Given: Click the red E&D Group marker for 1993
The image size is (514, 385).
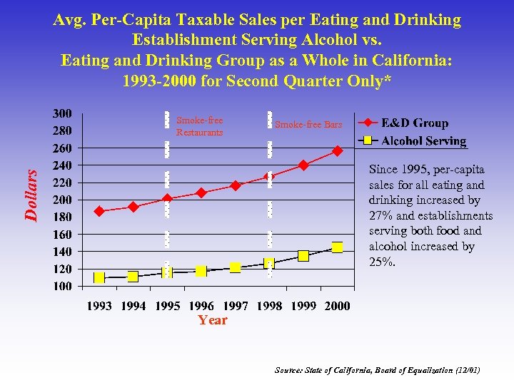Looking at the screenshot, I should pyautogui.click(x=99, y=211).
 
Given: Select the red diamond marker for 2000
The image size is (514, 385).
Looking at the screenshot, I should pyautogui.click(x=338, y=151).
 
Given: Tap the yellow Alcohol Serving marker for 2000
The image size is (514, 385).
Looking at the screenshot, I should pyautogui.click(x=338, y=247).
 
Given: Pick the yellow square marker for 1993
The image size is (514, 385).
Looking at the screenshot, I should pyautogui.click(x=99, y=277).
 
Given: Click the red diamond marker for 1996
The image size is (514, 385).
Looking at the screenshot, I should pyautogui.click(x=201, y=192).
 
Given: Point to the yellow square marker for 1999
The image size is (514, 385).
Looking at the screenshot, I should pyautogui.click(x=303, y=256).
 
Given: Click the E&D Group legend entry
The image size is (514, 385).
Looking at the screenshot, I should pyautogui.click(x=414, y=123).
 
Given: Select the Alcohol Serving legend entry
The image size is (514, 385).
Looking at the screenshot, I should pyautogui.click(x=423, y=140).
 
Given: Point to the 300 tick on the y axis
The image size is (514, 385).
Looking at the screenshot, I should pyautogui.click(x=62, y=113).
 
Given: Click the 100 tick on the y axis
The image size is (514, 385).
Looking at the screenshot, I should pyautogui.click(x=62, y=286).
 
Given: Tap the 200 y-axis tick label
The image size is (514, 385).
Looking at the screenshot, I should pyautogui.click(x=62, y=200).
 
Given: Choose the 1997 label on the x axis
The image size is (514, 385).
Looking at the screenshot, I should pyautogui.click(x=235, y=306).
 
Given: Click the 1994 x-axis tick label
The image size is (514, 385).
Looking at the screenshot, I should pyautogui.click(x=133, y=306).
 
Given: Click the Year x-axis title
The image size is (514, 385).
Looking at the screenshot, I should pyautogui.click(x=213, y=320).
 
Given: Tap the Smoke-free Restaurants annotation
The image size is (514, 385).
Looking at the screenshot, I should pyautogui.click(x=199, y=126).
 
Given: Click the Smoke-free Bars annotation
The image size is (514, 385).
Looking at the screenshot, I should pyautogui.click(x=308, y=125).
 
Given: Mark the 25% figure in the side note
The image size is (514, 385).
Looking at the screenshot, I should pyautogui.click(x=381, y=262).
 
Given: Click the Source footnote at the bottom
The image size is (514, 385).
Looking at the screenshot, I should pyautogui.click(x=378, y=370).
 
